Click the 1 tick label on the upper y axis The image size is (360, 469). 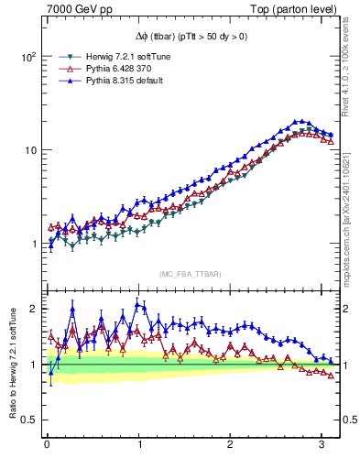[x=32, y=244]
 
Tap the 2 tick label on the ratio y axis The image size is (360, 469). [x=32, y=309]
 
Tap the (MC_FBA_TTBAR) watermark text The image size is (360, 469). [x=190, y=275]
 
